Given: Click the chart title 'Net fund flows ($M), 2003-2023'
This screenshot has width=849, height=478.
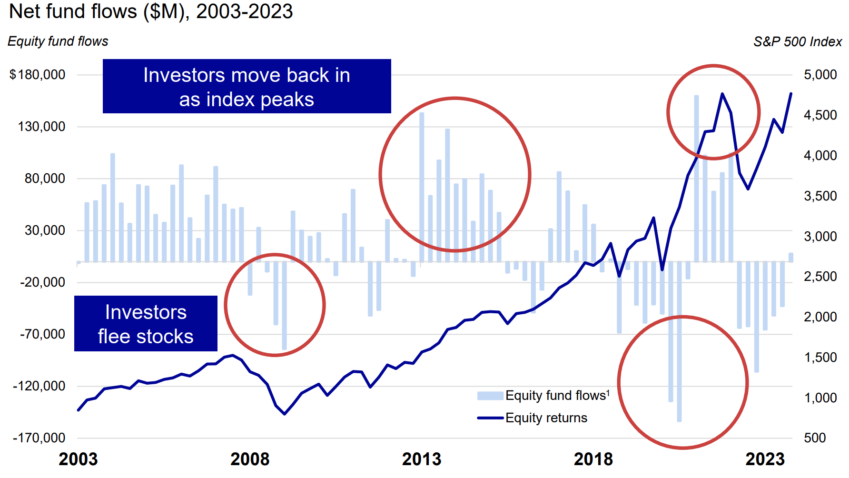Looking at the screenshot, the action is point(151,11).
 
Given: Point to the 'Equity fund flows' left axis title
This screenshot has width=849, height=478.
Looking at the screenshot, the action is point(58,41).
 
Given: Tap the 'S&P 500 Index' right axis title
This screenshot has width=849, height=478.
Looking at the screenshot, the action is point(798,42).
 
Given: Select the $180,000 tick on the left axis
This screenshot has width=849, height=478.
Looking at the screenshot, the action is point(38,75).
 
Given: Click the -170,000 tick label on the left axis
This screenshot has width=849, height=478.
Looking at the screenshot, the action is point(39,438).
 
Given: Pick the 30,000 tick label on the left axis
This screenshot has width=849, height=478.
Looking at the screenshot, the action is point(45,230).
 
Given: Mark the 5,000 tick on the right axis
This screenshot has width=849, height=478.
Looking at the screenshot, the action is point(820,75).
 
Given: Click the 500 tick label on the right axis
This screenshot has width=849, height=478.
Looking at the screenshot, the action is point(815,438).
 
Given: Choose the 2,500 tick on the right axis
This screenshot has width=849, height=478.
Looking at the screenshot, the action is point(820,276).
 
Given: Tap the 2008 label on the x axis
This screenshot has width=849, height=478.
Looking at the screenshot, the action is point(250,459).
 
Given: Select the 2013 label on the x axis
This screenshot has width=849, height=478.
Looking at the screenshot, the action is point(422,459).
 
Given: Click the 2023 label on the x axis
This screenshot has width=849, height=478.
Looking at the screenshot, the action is point(765,459).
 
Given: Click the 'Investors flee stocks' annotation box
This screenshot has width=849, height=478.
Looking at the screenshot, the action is point(146,324).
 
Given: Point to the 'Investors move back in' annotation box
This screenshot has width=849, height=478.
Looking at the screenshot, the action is point(247,86).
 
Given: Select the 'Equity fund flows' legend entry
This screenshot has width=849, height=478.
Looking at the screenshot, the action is point(543,396).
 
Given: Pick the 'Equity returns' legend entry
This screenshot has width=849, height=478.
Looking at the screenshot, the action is point(532,418).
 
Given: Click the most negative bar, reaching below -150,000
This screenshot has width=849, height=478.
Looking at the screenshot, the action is point(679,341).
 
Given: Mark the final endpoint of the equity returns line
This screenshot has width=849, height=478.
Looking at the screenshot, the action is point(791,94).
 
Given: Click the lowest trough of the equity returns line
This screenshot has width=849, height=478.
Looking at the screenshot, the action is point(285,414).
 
